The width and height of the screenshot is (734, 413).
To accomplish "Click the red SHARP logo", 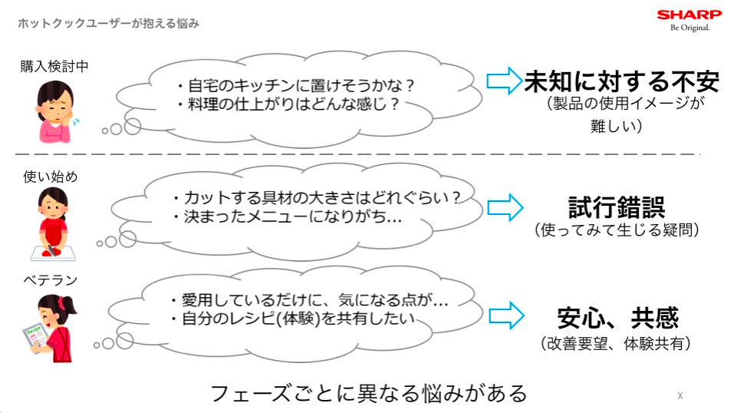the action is pyautogui.click(x=689, y=15).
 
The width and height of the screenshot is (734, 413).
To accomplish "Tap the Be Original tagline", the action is pyautogui.click(x=690, y=28).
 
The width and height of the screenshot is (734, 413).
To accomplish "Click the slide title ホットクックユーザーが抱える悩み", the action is pyautogui.click(x=109, y=23).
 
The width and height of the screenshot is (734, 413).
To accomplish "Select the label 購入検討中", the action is pyautogui.click(x=54, y=66).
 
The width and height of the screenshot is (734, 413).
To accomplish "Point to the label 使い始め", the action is pyautogui.click(x=51, y=177).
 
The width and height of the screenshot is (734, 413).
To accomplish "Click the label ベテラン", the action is pyautogui.click(x=51, y=280).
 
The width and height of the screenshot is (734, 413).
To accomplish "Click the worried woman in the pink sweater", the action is pyautogui.click(x=56, y=111).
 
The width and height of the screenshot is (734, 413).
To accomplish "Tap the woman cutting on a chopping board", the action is pyautogui.click(x=52, y=223).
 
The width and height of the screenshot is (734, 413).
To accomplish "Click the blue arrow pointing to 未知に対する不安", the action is pyautogui.click(x=504, y=81).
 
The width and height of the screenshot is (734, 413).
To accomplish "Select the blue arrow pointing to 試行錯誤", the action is pyautogui.click(x=505, y=208).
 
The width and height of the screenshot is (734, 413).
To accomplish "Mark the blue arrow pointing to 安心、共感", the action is pyautogui.click(x=506, y=316).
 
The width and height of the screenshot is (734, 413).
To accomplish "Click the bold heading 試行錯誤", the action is pyautogui.click(x=617, y=207).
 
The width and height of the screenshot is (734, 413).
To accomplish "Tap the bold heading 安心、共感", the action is pyautogui.click(x=618, y=319).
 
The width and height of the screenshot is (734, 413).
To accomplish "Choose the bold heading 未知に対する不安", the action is pyautogui.click(x=622, y=81).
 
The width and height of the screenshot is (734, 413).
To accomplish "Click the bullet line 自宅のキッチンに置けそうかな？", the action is pyautogui.click(x=295, y=85).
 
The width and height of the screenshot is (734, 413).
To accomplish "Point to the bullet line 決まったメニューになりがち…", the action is pyautogui.click(x=287, y=216).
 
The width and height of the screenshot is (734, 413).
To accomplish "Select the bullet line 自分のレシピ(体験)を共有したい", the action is pyautogui.click(x=292, y=319).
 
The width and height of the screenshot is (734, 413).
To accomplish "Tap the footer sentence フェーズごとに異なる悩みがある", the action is pyautogui.click(x=369, y=393).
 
